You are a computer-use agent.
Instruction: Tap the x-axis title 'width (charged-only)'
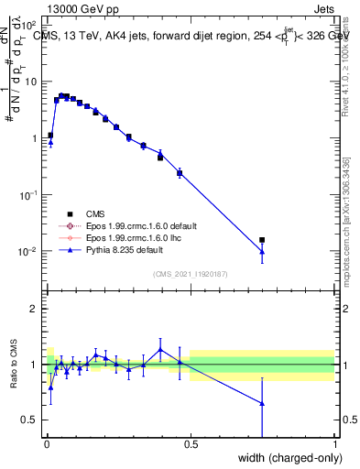click(x=286, y=457)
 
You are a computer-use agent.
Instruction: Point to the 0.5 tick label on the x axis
click(x=191, y=444)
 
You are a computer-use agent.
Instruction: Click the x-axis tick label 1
click(x=334, y=444)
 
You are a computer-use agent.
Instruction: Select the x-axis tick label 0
click(x=46, y=444)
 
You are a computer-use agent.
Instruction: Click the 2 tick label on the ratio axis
click(x=36, y=309)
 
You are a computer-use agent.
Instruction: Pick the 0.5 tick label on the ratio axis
click(x=32, y=420)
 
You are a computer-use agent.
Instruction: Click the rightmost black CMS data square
click(x=262, y=240)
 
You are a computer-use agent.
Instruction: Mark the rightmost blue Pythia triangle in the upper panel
click(x=262, y=252)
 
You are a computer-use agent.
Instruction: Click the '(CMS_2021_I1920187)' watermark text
click(x=191, y=273)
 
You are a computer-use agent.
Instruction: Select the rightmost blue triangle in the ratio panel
click(x=262, y=403)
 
